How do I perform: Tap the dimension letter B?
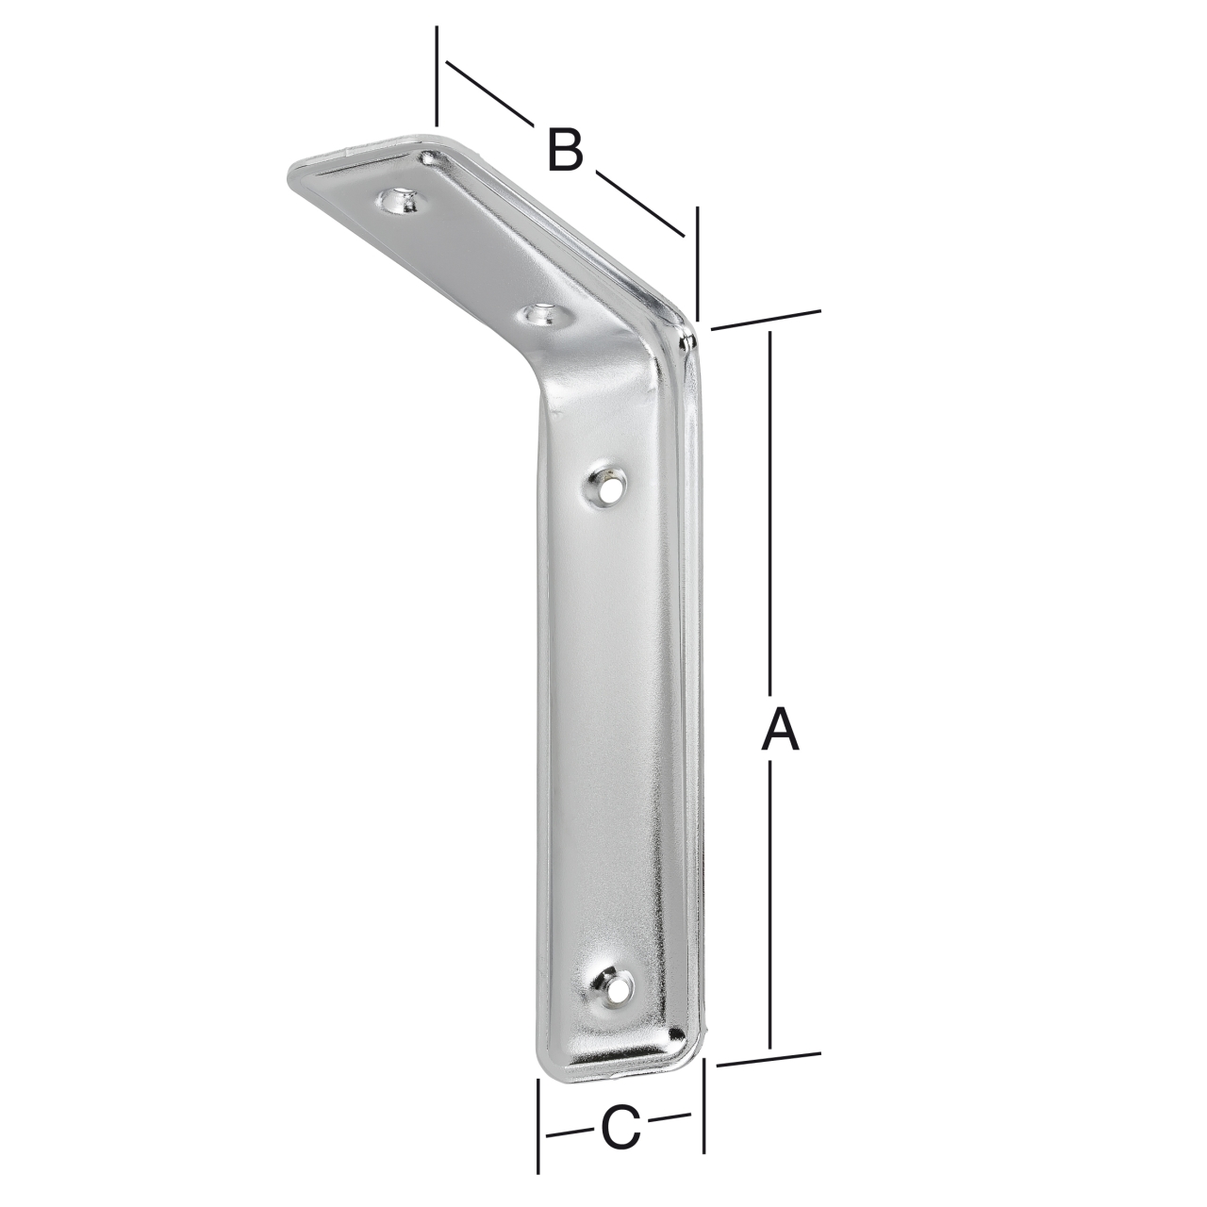[564, 151]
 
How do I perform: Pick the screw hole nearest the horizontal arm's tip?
[400, 201]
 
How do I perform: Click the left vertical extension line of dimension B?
[437, 75]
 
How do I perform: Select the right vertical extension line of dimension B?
[697, 264]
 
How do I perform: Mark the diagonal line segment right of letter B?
[638, 203]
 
